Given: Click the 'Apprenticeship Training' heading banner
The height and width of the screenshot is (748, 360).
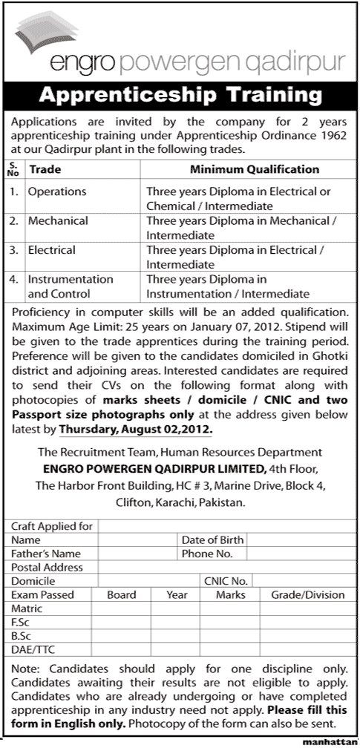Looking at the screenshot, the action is (179, 96).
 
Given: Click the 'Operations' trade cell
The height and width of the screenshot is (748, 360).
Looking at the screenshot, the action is (57, 191).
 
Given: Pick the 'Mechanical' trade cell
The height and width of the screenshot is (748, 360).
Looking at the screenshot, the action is (58, 221).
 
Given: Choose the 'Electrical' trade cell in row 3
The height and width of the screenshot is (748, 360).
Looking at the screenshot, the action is (52, 251).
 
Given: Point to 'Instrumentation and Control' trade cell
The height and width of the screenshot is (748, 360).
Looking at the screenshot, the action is (71, 286).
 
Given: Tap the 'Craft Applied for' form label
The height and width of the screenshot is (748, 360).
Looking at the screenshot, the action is (52, 526).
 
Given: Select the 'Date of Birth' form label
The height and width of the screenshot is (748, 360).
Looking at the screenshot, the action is (212, 539).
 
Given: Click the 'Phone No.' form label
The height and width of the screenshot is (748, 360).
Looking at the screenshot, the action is (207, 554).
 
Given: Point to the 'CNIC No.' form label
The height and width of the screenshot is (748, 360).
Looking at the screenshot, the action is (226, 581).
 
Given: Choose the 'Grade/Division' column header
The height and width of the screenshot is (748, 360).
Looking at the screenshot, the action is (307, 594).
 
